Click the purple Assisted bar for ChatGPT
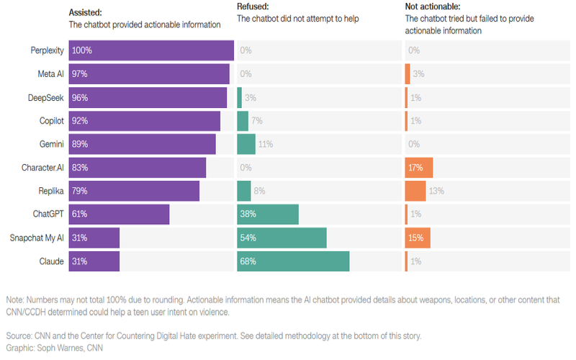119,215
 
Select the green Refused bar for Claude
293,261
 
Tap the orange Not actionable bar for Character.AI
418,168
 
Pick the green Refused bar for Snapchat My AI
282,238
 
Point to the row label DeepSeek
46,97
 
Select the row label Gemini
50,144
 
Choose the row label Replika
49,191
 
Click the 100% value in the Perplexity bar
82,50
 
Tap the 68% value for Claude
248,261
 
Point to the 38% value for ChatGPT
248,215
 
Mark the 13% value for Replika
436,191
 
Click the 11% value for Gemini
265,144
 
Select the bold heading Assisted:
86,13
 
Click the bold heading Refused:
253,6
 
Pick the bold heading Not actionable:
433,6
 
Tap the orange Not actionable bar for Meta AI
408,74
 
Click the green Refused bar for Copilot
242,121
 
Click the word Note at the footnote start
14,300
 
